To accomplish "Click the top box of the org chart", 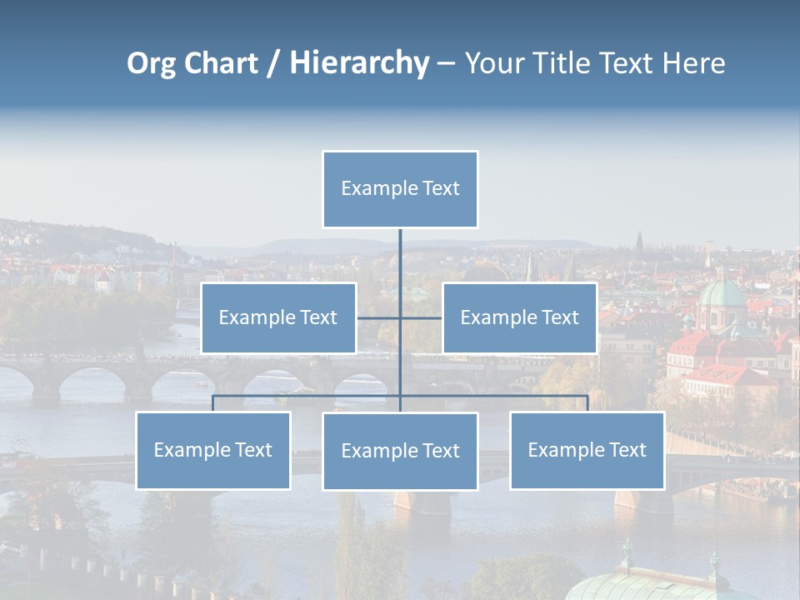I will coord(400,189).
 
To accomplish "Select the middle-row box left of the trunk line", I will coord(278,317).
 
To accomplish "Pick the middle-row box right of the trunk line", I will coord(520,317).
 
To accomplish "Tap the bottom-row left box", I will coord(213,450).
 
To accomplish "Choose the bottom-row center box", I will coord(400,451).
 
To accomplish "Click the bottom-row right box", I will coord(587,450).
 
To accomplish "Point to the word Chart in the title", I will coord(219,63).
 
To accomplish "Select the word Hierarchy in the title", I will coord(359,63).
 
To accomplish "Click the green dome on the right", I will coord(722,294).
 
